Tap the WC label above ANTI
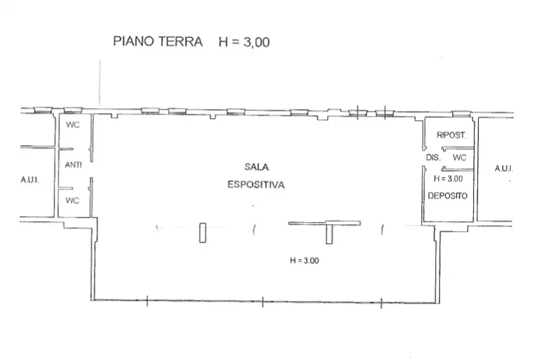pos(73,125)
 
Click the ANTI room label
pos(73,165)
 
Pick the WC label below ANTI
pos(73,200)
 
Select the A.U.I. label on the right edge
pos(503,169)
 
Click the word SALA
pos(255,166)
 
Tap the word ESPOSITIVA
pos(256,184)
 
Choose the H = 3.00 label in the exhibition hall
pos(304,260)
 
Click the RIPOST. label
pos(451,134)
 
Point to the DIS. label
pos(433,157)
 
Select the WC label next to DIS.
pos(460,157)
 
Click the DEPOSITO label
pos(447,196)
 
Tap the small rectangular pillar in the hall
pos(203,232)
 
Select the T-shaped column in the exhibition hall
pos(329,231)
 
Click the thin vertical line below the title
pos(100,82)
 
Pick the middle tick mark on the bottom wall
pos(263,302)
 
